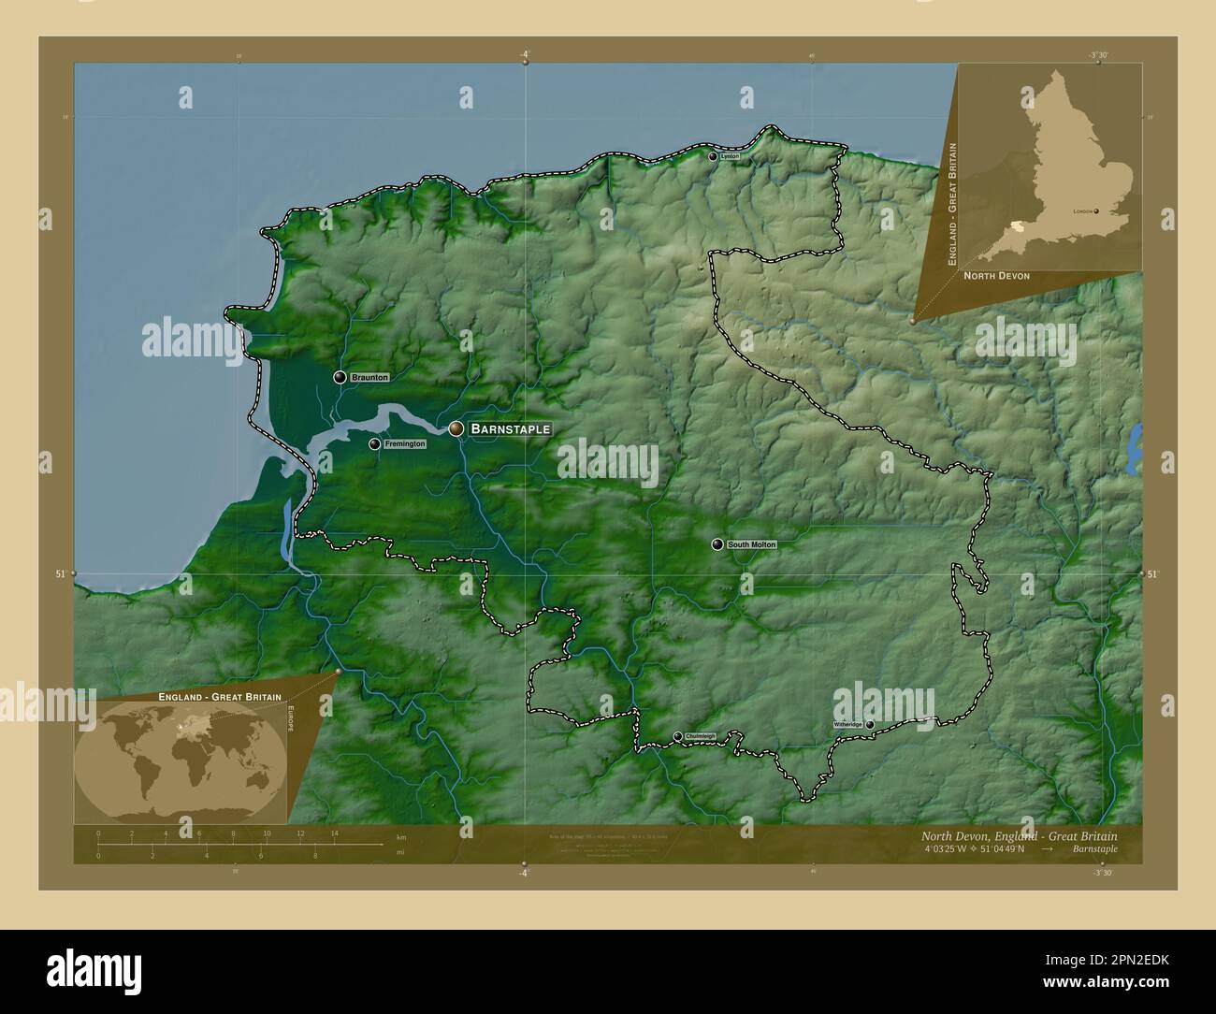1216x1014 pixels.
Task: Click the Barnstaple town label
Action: click(510, 428)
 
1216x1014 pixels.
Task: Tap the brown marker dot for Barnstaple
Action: click(456, 428)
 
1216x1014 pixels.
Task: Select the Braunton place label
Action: click(369, 377)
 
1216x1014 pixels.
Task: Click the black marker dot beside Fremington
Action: click(374, 444)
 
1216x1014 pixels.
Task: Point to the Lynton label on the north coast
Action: click(731, 156)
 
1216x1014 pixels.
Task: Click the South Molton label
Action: click(752, 544)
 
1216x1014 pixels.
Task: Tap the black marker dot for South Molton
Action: click(717, 544)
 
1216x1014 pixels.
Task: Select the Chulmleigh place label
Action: click(701, 736)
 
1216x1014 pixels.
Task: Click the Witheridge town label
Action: click(848, 724)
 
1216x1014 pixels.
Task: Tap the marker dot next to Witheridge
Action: click(870, 724)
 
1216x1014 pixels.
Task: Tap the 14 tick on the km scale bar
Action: click(334, 833)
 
